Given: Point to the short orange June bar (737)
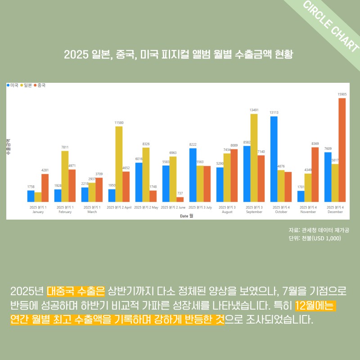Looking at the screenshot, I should [180, 199].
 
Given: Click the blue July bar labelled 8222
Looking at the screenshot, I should [193, 175].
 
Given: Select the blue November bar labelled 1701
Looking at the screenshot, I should [301, 196].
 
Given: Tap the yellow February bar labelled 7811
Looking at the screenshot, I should [65, 176].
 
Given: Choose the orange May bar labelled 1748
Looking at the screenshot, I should [153, 196].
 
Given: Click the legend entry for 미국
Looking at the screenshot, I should [13, 85].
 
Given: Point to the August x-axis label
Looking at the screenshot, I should [227, 209].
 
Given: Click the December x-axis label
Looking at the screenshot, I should [335, 209].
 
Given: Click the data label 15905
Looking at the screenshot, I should [342, 94].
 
